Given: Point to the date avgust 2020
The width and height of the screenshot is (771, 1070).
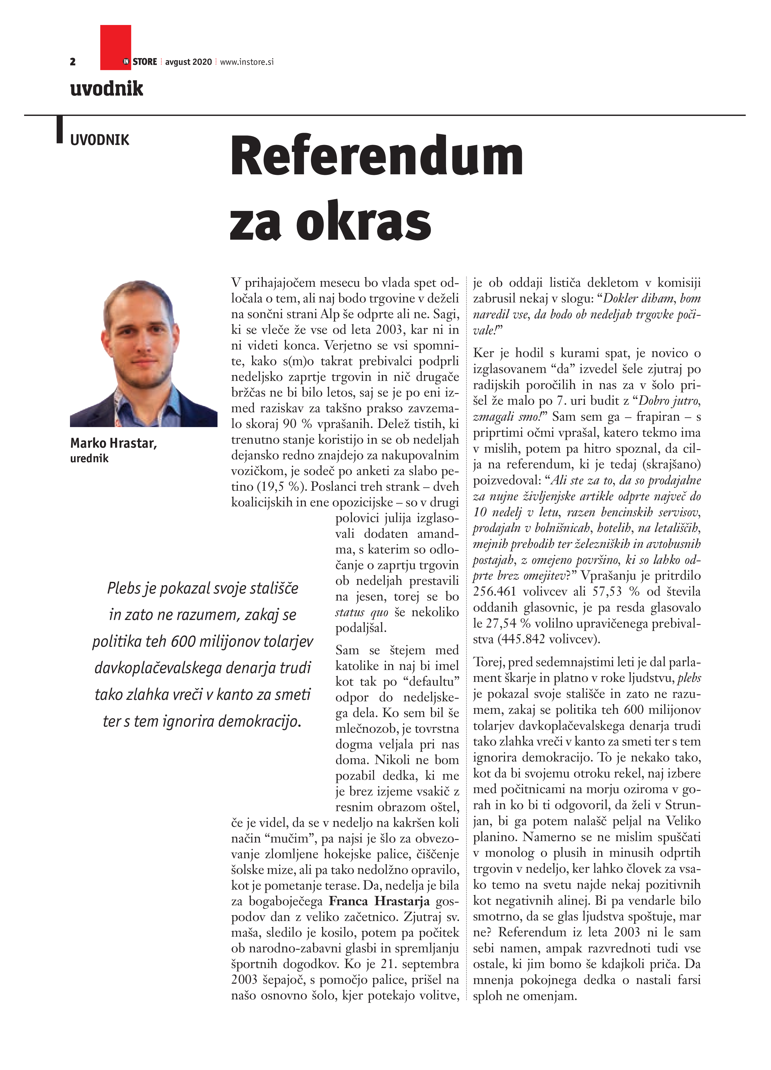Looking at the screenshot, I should pyautogui.click(x=189, y=62).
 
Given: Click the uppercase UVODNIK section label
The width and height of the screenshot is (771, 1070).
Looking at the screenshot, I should pyautogui.click(x=100, y=140).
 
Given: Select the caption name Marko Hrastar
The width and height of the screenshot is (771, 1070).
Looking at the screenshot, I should pyautogui.click(x=113, y=443).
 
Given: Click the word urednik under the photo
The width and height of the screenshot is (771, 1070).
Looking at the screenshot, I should pyautogui.click(x=89, y=458).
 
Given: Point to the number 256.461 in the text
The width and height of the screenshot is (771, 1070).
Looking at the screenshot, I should pyautogui.click(x=494, y=592).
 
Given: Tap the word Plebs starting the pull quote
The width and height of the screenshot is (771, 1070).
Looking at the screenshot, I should pyautogui.click(x=123, y=588).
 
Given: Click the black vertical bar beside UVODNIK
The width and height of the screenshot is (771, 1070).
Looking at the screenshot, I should pyautogui.click(x=60, y=129).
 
